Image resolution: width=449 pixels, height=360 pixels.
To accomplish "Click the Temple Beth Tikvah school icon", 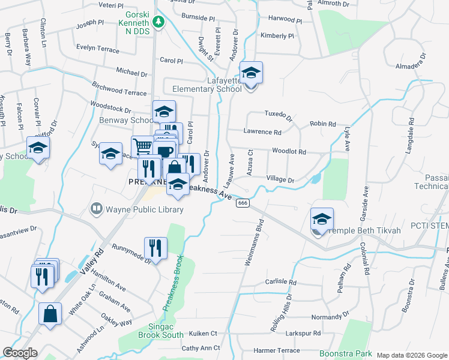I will (322, 220).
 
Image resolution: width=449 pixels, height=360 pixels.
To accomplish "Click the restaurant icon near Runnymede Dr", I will (155, 247).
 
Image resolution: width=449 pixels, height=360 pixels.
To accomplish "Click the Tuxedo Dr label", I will (278, 113).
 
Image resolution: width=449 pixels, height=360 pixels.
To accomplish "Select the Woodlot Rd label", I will (289, 152).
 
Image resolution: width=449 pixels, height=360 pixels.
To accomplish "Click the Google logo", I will (20, 353).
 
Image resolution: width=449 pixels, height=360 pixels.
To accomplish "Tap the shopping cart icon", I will (142, 146).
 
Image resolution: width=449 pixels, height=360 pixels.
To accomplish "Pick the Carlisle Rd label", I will (281, 281).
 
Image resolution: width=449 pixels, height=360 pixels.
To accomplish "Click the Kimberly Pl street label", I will (277, 35).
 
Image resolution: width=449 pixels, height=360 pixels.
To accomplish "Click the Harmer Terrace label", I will (277, 350).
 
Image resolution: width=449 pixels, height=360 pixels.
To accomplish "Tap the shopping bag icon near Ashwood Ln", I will (50, 313).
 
